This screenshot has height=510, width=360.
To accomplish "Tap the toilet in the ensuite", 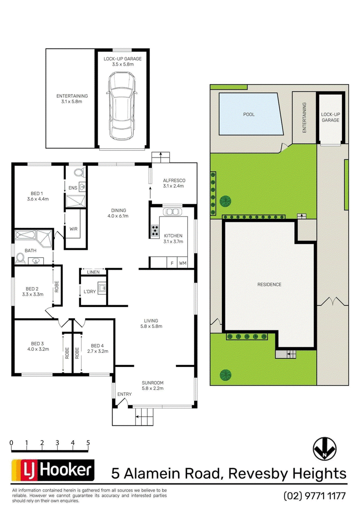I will tap(79, 172).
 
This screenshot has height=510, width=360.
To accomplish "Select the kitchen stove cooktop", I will tap(155, 231).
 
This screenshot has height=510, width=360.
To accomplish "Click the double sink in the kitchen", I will tap(172, 212).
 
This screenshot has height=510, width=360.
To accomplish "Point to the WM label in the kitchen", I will tap(183, 263).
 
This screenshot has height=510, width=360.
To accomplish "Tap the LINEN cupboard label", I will tap(93, 272).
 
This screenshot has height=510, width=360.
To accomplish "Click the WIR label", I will tap(73, 229).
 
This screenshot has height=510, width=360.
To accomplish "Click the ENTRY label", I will tap(124, 394).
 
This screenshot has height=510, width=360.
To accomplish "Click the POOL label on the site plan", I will tap(249, 114).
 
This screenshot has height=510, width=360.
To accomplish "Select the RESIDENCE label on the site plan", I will tap(269, 284).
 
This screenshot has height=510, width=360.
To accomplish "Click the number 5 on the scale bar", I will tap(88, 442).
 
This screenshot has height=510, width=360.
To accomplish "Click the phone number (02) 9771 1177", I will tap(315, 496).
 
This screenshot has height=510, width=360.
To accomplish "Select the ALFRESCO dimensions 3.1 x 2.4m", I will tap(174, 186).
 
